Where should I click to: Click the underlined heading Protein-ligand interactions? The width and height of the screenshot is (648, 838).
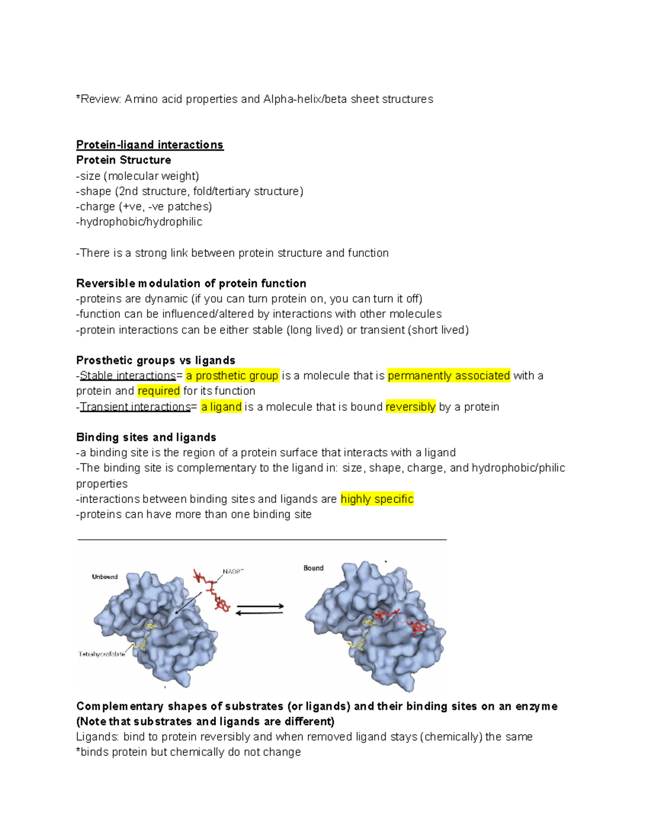pyautogui.click(x=150, y=145)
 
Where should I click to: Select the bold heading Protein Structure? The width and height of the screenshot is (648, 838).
pyautogui.click(x=124, y=160)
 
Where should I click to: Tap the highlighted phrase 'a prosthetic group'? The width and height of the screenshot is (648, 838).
pyautogui.click(x=232, y=376)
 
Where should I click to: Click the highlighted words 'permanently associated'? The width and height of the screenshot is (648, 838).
pyautogui.click(x=449, y=376)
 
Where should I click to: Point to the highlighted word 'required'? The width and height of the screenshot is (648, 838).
pyautogui.click(x=159, y=391)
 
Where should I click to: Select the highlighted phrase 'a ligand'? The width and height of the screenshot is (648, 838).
pyautogui.click(x=221, y=407)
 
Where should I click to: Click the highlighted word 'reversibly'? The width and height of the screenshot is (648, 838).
pyautogui.click(x=410, y=407)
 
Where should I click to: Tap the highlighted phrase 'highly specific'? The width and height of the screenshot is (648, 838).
pyautogui.click(x=377, y=499)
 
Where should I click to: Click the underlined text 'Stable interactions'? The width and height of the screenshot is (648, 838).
pyautogui.click(x=128, y=376)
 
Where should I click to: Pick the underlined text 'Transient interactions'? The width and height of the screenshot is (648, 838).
pyautogui.click(x=136, y=407)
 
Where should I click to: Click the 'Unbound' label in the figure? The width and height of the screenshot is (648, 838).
pyautogui.click(x=105, y=577)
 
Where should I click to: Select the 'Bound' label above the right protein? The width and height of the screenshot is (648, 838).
pyautogui.click(x=313, y=568)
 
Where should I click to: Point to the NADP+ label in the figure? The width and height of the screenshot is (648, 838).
pyautogui.click(x=233, y=571)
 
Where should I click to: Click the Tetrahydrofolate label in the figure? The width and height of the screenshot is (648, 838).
pyautogui.click(x=102, y=654)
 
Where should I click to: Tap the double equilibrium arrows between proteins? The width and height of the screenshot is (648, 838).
pyautogui.click(x=260, y=609)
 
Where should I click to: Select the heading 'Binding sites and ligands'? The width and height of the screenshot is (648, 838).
pyautogui.click(x=146, y=438)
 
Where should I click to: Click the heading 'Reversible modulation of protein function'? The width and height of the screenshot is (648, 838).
pyautogui.click(x=191, y=284)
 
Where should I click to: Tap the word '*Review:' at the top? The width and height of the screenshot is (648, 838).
pyautogui.click(x=99, y=99)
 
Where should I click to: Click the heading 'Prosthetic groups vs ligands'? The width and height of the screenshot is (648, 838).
pyautogui.click(x=156, y=360)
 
